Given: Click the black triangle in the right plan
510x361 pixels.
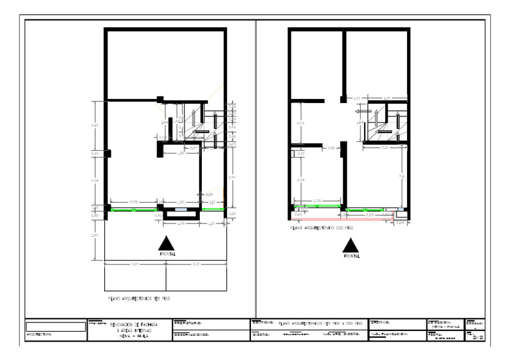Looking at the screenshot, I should point(351,245).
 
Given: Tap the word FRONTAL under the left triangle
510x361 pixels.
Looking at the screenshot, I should point(167,255).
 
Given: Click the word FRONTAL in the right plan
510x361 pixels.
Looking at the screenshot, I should point(351,255).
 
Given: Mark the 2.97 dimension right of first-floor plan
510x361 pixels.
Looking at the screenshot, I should point(232,178).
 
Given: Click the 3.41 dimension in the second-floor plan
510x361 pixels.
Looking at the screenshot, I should point(402,176).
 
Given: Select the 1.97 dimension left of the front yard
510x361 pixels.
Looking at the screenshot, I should point(96,236).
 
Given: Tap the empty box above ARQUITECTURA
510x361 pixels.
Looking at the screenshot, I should point(56,326).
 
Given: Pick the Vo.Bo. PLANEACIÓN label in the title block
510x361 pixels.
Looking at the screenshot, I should point(388,335).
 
